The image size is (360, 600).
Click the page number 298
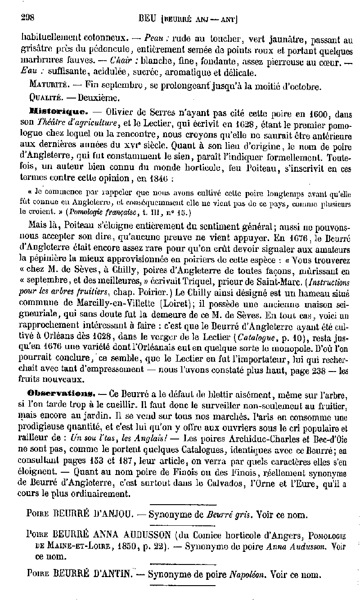(28, 18)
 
